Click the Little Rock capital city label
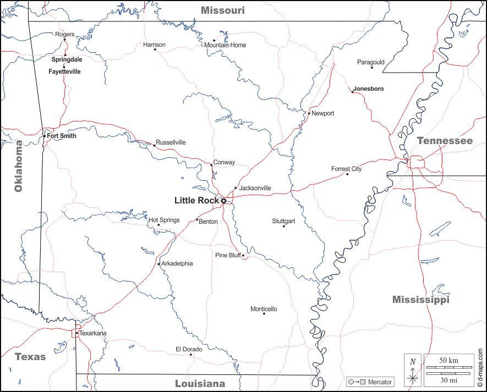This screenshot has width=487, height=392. [196, 201]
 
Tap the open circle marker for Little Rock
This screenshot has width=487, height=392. [224, 201]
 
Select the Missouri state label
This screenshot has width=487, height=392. [222, 10]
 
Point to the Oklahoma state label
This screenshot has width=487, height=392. [19, 166]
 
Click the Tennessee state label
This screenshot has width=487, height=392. [445, 141]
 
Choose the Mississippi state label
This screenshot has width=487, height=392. [420, 300]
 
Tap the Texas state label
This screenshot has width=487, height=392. [30, 357]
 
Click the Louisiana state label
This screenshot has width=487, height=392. [200, 384]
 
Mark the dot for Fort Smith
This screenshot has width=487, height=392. [45, 136]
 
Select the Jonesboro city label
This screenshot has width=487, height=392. [369, 89]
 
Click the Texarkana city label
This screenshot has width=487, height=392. [93, 333]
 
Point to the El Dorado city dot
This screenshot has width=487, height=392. [191, 355]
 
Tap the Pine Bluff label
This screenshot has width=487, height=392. [228, 255]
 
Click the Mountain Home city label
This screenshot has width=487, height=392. [226, 45]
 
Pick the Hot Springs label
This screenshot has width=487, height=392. [164, 220]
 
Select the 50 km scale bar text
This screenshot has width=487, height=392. [448, 360]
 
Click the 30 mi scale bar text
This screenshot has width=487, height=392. [448, 380]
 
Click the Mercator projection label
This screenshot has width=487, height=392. [380, 382]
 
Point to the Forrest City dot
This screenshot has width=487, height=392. [347, 174]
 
